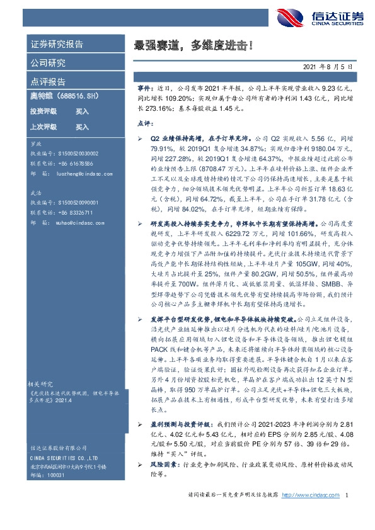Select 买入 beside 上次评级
tap(82, 127)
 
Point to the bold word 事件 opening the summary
tap(144, 90)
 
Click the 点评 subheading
tap(144, 125)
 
